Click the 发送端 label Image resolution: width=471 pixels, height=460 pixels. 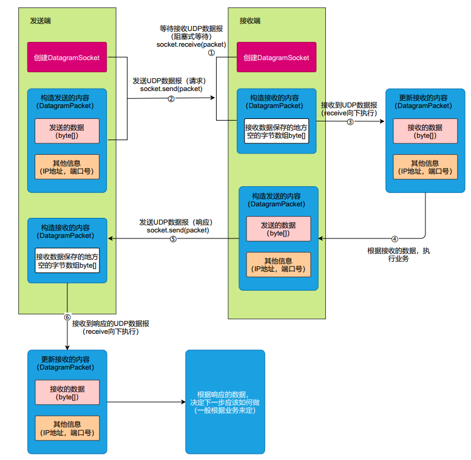40,21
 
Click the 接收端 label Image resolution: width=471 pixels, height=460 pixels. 249,21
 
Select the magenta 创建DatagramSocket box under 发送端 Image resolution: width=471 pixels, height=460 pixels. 67,58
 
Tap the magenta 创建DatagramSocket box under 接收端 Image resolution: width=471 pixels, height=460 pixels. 276,58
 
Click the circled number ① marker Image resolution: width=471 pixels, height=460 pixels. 212,53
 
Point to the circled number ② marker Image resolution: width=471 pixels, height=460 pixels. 171,99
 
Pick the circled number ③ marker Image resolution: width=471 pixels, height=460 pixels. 350,121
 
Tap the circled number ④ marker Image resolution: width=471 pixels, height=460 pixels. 394,239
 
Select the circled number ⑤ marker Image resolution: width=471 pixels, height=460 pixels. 173,239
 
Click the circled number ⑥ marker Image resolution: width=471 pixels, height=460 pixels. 67,317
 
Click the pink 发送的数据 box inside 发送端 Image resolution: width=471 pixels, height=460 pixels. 67,130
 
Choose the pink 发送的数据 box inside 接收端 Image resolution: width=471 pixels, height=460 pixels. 278,229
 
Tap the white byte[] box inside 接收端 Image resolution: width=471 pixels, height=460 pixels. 276,132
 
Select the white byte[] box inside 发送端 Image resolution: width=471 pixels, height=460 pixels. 67,261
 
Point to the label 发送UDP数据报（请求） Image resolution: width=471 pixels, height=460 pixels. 171,80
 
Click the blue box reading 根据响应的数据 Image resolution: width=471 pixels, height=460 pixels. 225,402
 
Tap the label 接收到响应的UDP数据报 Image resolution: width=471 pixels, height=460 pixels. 110,323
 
